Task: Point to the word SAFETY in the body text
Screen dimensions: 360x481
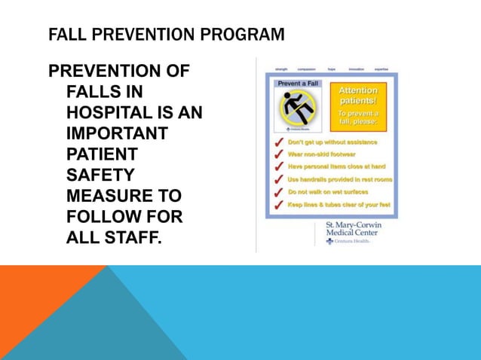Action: click(x=100, y=175)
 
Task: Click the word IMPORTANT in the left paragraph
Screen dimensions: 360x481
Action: click(x=117, y=133)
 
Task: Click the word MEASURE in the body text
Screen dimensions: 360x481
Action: click(x=108, y=196)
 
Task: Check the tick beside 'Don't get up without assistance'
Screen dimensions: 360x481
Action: click(x=278, y=142)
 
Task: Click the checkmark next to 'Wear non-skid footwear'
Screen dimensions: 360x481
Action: click(x=278, y=154)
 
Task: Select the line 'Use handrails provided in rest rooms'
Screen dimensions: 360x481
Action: click(x=340, y=179)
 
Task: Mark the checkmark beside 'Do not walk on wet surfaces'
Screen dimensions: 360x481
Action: click(x=278, y=192)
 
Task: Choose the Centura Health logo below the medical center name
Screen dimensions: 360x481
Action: click(x=348, y=241)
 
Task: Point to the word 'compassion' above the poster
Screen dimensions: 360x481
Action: click(x=306, y=69)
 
